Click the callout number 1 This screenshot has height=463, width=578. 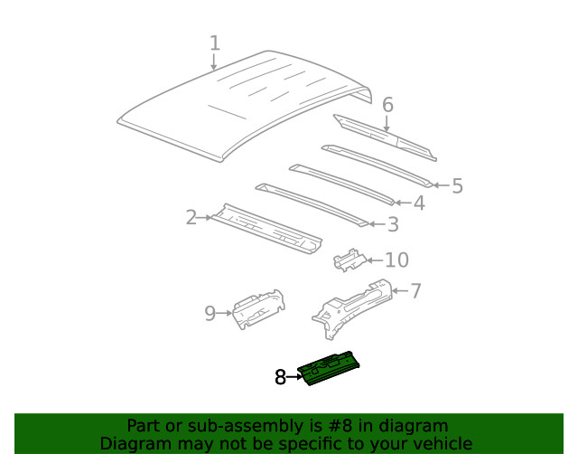215,43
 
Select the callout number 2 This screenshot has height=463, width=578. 191,217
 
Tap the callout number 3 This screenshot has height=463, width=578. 392,224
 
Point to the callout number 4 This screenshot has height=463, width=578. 418,203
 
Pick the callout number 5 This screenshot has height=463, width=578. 457,186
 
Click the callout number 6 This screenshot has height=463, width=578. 387,106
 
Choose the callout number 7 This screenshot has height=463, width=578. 415,291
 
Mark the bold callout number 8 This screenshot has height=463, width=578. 280,378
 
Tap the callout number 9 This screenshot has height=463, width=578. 210,314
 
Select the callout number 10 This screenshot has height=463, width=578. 396,260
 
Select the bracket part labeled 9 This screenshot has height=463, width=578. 257,307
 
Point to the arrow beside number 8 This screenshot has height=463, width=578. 294,377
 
